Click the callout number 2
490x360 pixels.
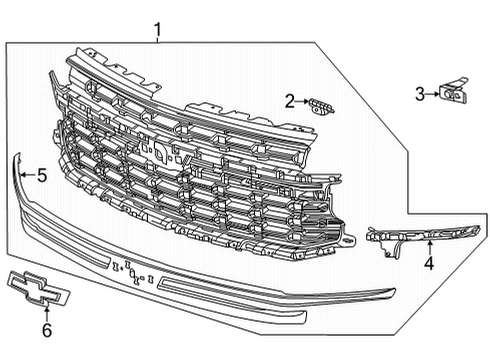(x=289, y=100)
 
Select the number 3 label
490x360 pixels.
(x=420, y=94)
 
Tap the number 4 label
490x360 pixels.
(x=429, y=264)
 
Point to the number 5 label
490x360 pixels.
(x=41, y=177)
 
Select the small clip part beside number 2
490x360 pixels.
(x=320, y=104)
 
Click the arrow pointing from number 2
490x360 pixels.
(x=302, y=101)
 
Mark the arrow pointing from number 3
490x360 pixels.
(x=432, y=94)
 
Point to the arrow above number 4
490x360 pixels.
(x=429, y=250)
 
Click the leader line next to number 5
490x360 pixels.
(x=27, y=176)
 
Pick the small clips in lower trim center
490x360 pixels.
(x=131, y=267)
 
